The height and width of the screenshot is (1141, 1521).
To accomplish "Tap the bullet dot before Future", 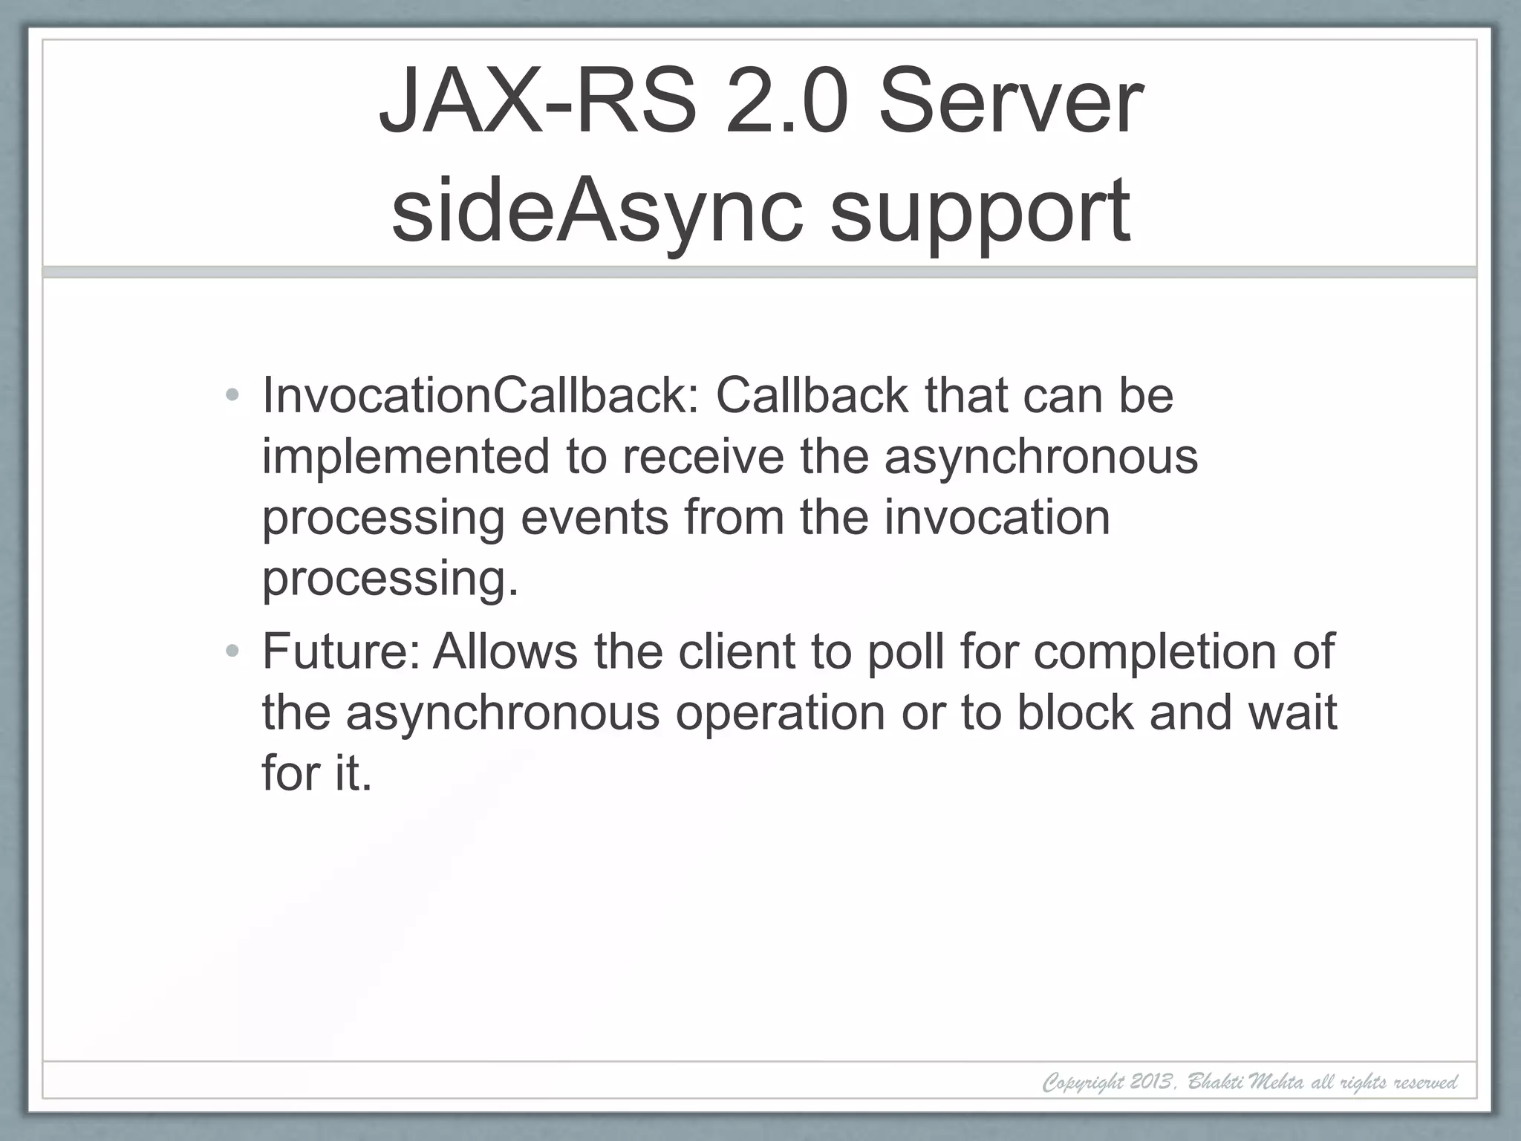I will tap(232, 651).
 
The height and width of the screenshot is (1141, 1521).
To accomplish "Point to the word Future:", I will tap(342, 651).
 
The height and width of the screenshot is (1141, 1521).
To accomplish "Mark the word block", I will tap(1075, 712).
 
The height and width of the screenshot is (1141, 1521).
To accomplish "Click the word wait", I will tap(1292, 712).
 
